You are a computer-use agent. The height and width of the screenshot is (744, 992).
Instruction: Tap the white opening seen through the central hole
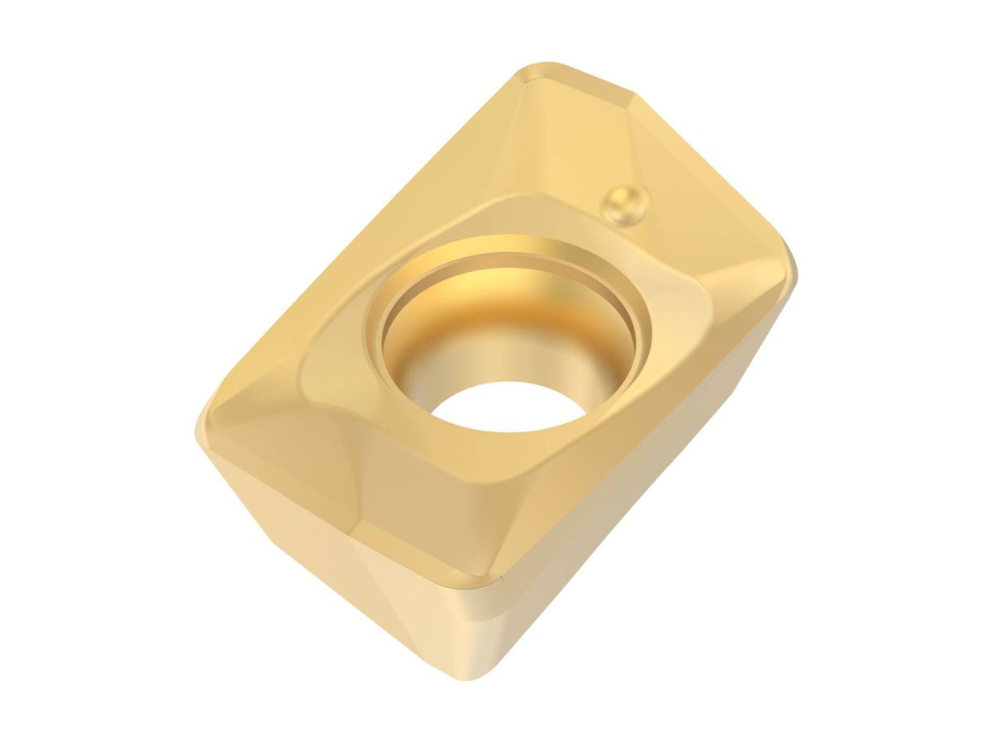click(513, 405)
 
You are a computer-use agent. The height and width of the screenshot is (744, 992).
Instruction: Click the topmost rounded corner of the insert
click(537, 70)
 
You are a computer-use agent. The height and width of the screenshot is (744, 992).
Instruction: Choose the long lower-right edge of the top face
click(645, 438)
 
